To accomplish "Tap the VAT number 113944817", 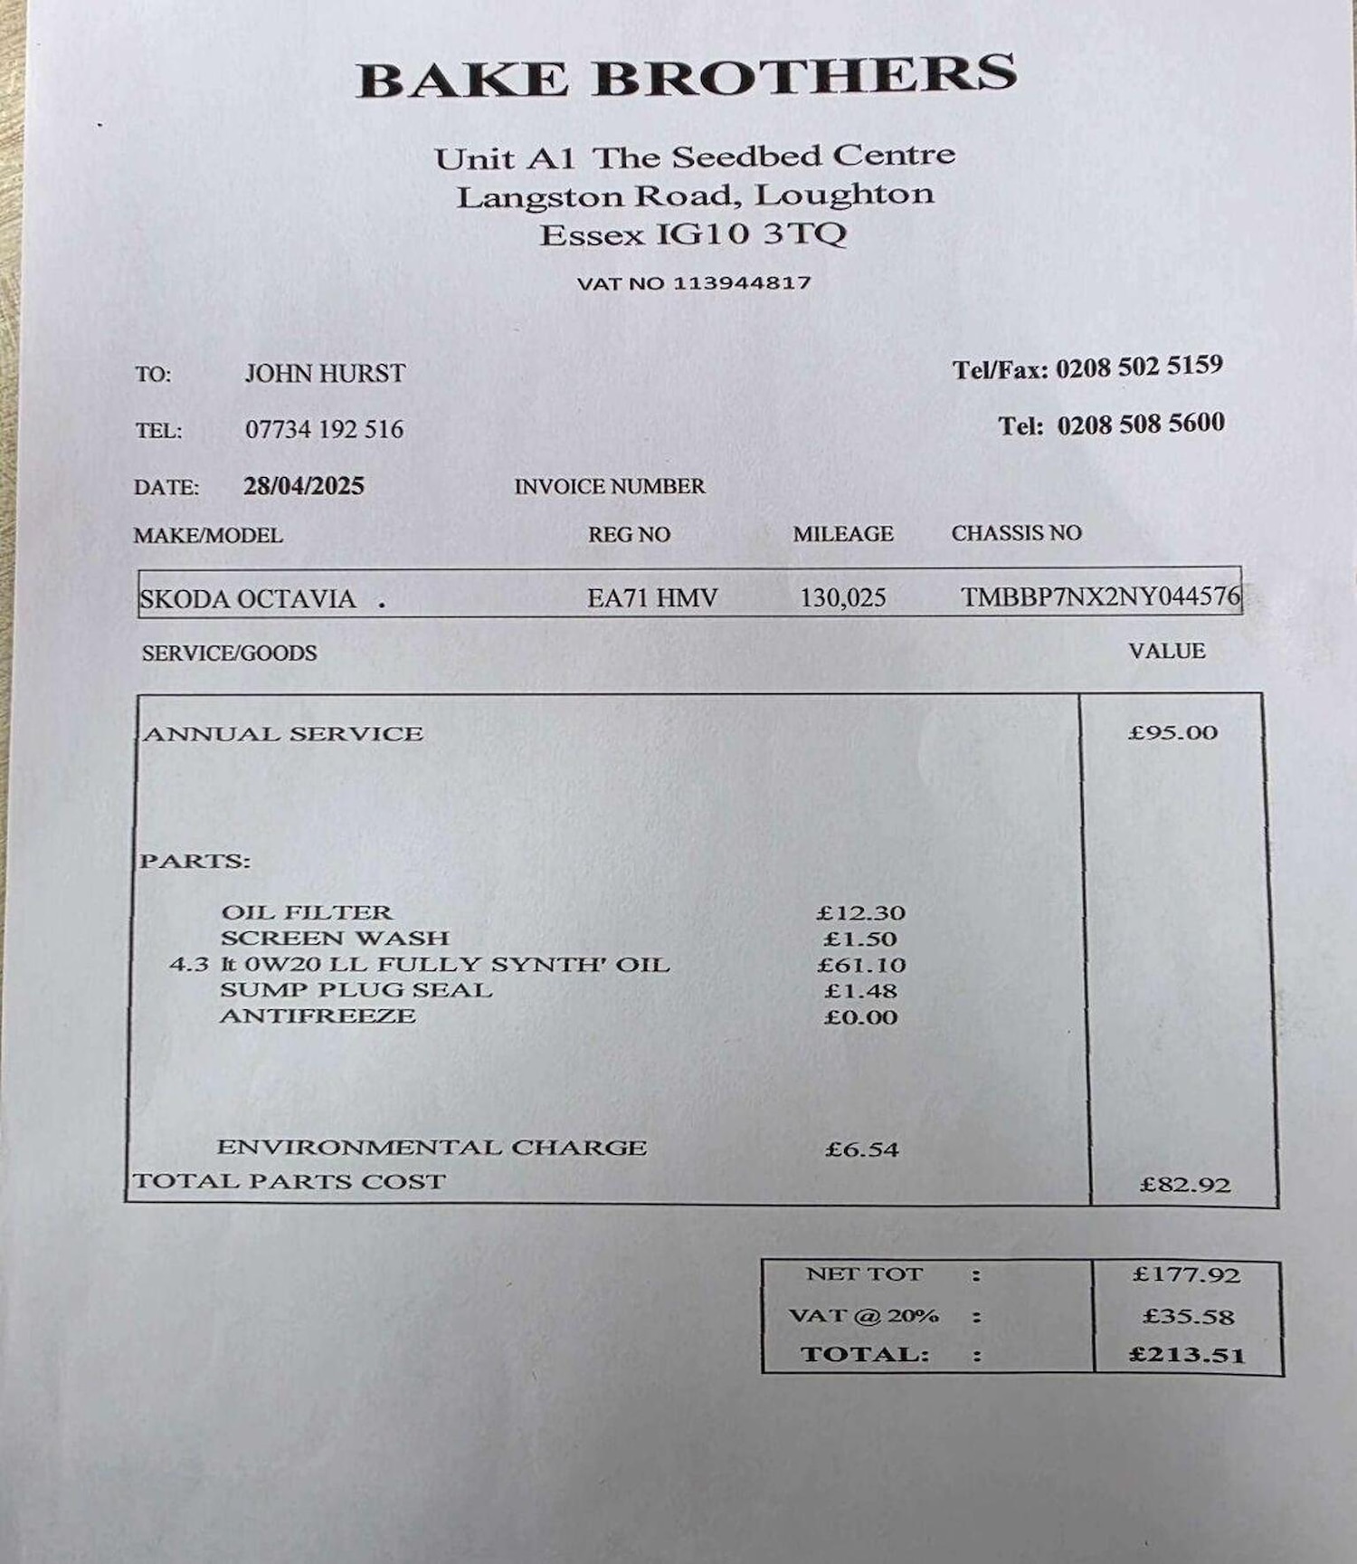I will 742,282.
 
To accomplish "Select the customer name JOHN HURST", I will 325,373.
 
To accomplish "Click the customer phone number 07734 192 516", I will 324,429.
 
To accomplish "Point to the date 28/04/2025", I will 304,486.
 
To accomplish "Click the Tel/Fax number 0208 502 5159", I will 1139,367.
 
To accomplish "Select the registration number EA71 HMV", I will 652,597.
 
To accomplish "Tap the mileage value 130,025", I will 842,597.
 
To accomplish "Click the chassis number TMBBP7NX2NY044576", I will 1100,596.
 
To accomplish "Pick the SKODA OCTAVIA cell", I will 247,599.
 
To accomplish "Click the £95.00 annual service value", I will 1172,732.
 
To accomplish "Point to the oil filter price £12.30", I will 860,913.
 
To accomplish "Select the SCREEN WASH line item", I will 335,938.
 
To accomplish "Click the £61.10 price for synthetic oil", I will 861,965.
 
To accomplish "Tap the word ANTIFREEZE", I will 318,1016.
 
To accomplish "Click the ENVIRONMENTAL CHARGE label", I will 432,1148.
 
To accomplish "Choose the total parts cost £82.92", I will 1185,1185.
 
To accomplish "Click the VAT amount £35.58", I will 1188,1316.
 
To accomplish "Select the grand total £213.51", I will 1187,1355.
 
